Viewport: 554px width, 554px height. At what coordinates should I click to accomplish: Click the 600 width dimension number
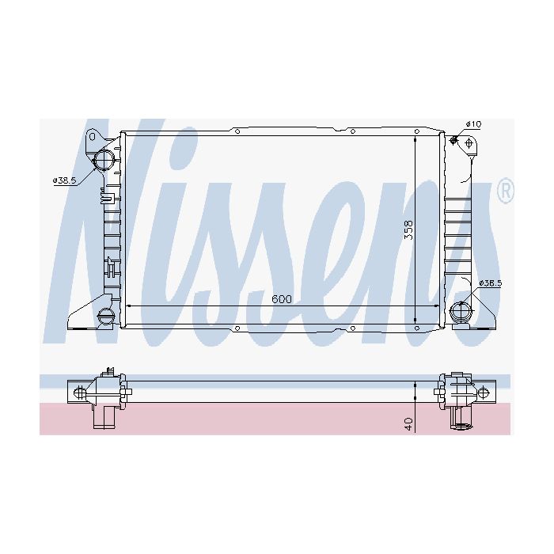(x=282, y=299)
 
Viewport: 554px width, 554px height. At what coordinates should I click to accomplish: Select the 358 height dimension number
(x=408, y=230)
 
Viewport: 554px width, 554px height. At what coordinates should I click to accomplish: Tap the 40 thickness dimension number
(x=409, y=424)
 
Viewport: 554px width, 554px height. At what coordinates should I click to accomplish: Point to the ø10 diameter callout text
(x=473, y=124)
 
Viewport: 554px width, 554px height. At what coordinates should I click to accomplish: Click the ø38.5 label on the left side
(x=64, y=180)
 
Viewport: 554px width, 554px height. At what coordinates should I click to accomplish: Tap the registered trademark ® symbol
(x=506, y=190)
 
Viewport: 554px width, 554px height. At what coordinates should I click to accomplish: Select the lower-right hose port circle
(x=461, y=311)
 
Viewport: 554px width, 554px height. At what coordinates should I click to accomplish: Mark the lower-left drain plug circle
(x=105, y=315)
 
